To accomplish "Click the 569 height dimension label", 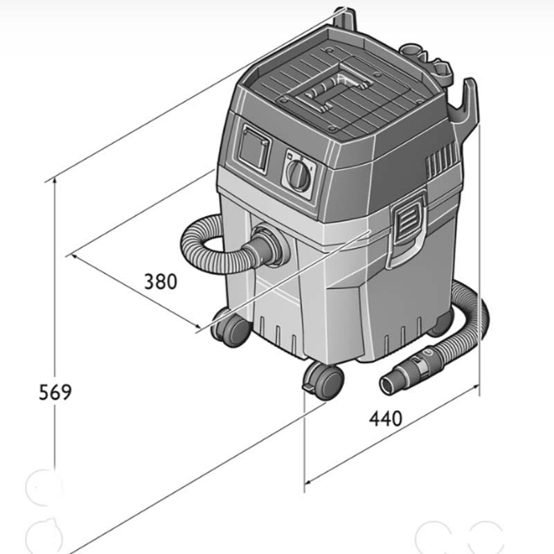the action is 55,392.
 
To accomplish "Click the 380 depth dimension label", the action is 161,282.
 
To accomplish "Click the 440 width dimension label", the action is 386,419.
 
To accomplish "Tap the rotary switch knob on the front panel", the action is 298,175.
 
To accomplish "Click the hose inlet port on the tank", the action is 269,244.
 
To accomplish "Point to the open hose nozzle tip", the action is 388,384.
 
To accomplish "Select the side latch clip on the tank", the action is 407,230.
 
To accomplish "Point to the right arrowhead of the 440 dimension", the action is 476,388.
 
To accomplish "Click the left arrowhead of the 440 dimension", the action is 308,481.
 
